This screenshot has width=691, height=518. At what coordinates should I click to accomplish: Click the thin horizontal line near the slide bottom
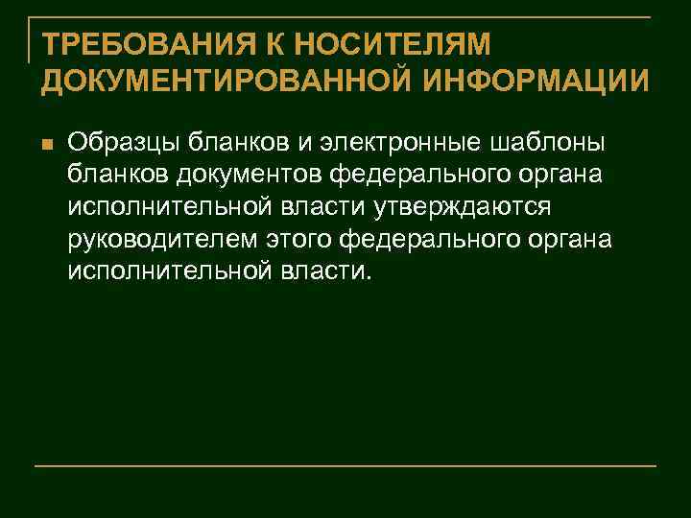click(345, 466)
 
